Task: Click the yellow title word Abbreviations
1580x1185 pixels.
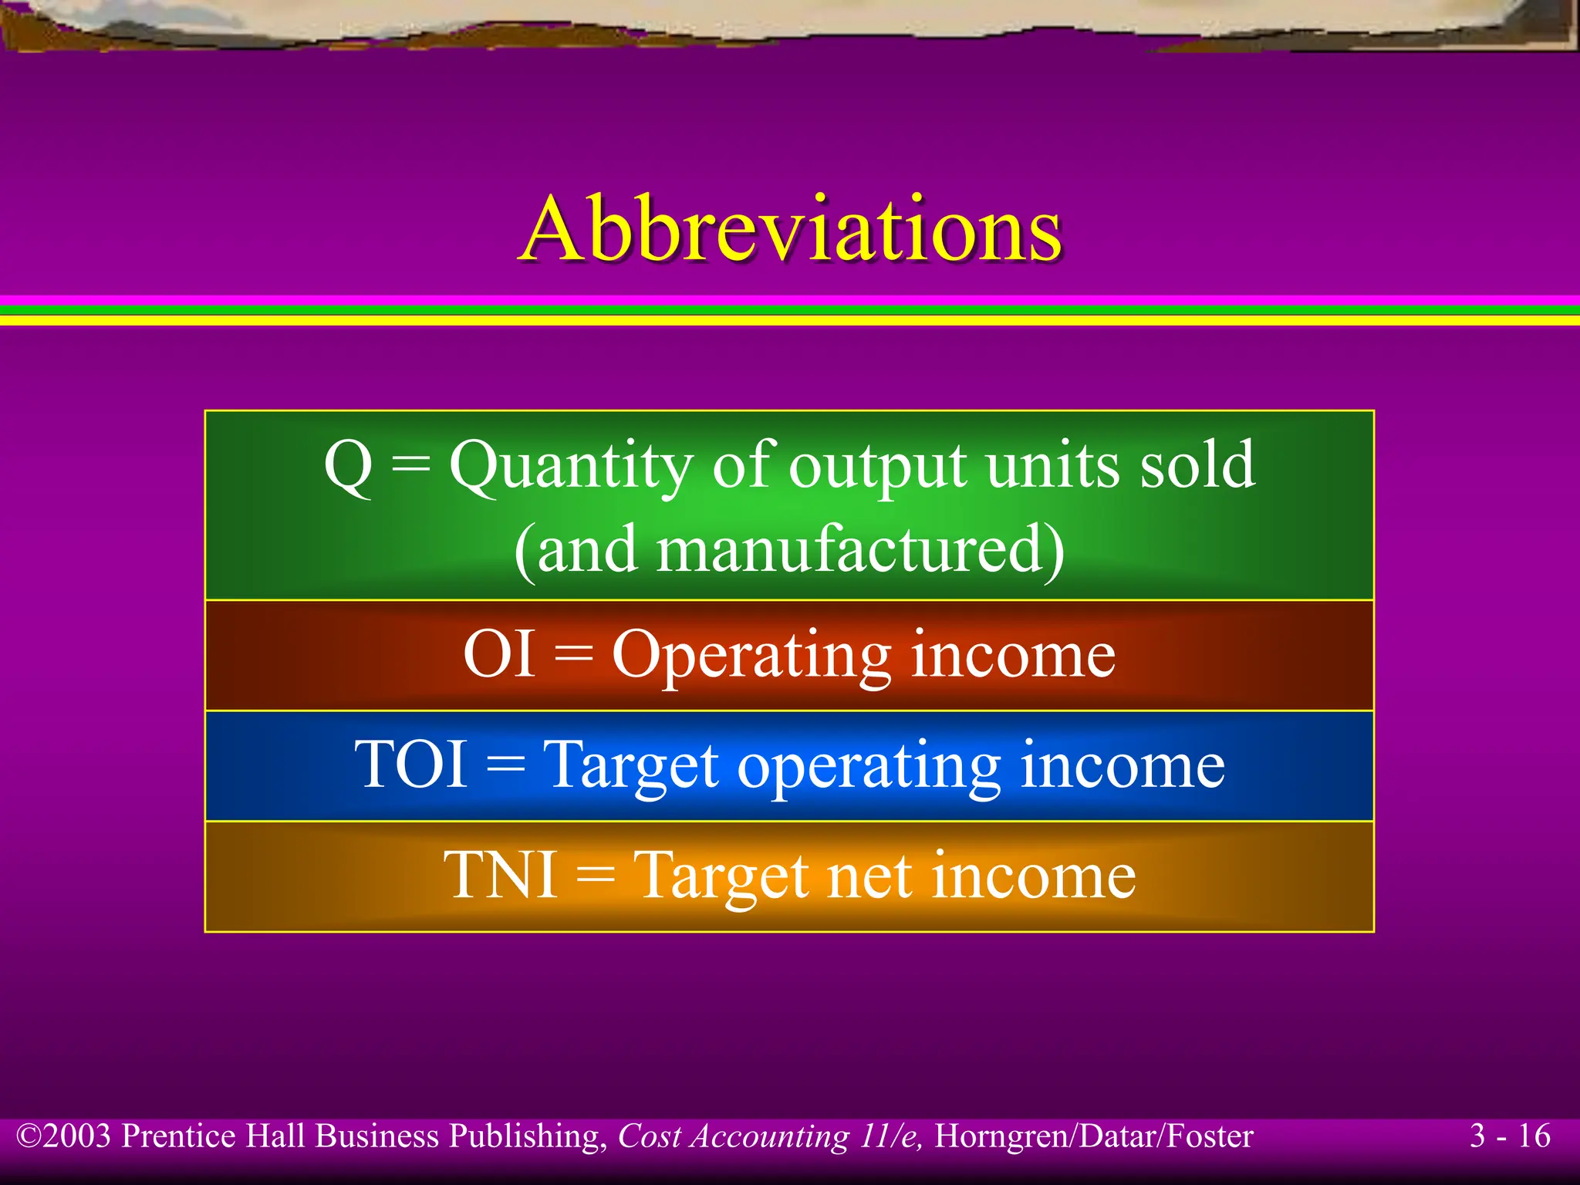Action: tap(792, 229)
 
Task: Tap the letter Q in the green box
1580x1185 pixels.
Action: tap(349, 466)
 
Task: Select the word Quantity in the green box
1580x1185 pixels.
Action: tap(571, 468)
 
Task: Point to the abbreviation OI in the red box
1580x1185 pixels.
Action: tap(499, 654)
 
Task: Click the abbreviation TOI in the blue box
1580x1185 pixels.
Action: tap(410, 765)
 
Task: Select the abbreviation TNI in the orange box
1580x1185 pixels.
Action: tap(501, 876)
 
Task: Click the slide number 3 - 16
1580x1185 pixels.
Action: tap(1510, 1136)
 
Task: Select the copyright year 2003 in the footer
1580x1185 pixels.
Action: tap(77, 1136)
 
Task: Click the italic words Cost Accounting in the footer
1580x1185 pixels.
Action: tap(733, 1136)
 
